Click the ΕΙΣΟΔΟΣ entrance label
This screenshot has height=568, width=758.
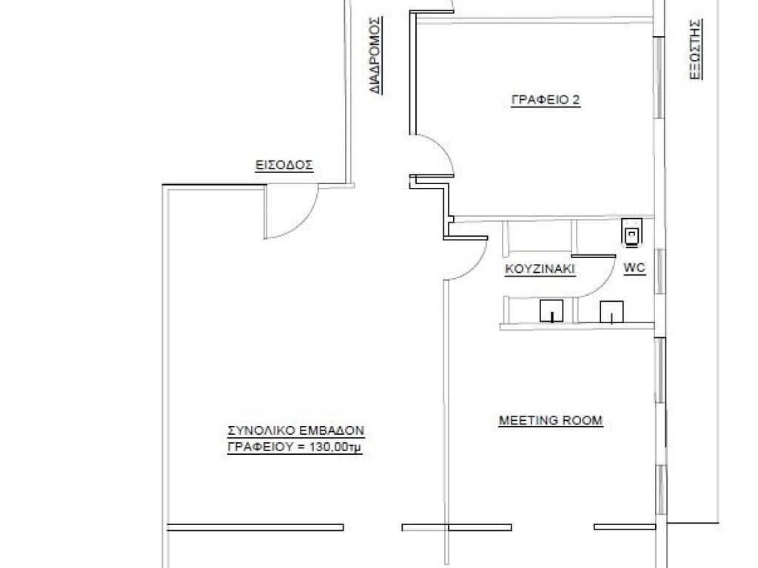[284, 165]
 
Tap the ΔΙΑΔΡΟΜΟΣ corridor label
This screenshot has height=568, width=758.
[375, 55]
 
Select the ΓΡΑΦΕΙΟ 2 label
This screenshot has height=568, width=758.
[546, 100]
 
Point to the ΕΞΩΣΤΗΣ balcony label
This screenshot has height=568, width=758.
[695, 50]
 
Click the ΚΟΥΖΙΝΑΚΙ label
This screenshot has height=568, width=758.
[540, 269]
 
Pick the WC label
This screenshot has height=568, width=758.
[634, 268]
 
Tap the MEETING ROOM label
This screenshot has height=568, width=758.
[551, 420]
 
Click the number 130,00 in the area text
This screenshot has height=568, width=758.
[328, 447]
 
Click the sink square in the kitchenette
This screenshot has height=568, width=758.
[551, 311]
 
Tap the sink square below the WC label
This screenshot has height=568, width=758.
[611, 311]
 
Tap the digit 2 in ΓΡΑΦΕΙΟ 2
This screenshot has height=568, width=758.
[575, 100]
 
